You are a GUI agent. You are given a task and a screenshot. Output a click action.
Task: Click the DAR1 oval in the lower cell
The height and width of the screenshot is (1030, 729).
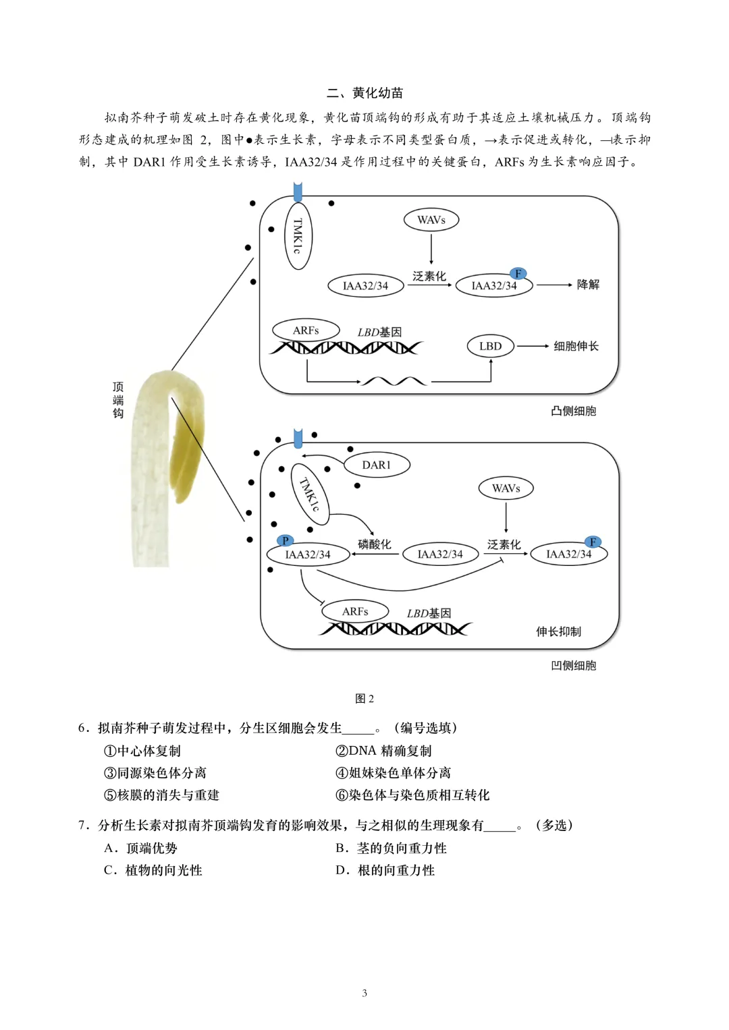(377, 465)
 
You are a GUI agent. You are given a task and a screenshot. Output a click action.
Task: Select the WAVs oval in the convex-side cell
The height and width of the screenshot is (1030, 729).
(431, 220)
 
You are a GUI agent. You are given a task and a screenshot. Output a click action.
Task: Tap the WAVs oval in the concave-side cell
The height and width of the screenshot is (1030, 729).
(506, 488)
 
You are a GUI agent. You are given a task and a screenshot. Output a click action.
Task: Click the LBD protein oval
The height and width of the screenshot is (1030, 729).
(491, 346)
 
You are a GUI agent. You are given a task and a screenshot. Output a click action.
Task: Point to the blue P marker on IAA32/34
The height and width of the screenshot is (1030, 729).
(286, 541)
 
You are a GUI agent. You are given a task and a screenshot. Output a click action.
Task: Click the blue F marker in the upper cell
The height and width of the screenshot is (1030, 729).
(518, 273)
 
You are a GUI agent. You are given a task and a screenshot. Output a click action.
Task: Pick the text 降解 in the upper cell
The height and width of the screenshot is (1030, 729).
(588, 285)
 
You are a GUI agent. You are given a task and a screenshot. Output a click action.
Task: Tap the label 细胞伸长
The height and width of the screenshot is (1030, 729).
(576, 346)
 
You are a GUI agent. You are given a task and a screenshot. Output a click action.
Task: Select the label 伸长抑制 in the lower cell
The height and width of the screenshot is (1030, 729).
(558, 631)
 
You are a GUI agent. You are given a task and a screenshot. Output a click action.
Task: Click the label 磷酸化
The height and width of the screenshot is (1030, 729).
(375, 544)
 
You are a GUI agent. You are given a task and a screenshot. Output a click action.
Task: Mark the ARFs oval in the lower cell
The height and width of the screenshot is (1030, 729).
(355, 612)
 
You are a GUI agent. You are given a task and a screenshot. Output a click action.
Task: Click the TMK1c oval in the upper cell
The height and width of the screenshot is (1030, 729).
(298, 235)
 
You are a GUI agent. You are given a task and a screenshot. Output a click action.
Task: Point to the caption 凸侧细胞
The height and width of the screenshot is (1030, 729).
(573, 411)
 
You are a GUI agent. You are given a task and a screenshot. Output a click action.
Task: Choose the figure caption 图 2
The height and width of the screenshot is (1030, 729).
(364, 699)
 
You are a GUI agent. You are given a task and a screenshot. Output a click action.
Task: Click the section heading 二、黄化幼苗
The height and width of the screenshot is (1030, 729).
(364, 93)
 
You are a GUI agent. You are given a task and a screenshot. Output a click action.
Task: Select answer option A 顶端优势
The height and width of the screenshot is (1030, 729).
(141, 848)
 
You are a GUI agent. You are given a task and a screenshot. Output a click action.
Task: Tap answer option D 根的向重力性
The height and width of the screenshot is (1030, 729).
(385, 870)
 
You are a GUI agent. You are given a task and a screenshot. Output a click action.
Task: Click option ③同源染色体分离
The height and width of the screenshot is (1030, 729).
(155, 773)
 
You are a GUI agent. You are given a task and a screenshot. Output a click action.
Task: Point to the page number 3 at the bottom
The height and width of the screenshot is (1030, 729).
(364, 993)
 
